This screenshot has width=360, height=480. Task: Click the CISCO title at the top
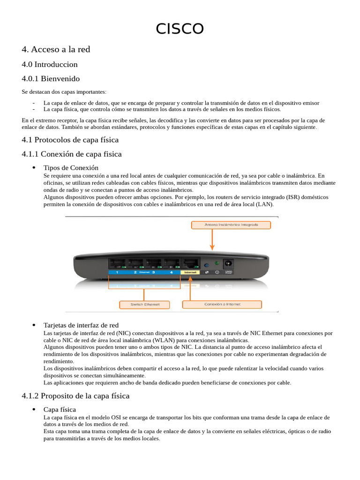click(x=180, y=29)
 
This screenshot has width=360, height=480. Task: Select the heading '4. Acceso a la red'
click(x=56, y=49)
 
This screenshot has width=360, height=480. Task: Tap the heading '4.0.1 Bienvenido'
click(x=51, y=78)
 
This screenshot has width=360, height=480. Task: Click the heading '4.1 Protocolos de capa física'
click(x=70, y=140)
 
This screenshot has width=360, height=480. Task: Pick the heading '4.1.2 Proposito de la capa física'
click(x=75, y=396)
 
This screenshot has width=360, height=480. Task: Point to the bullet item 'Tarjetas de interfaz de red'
click(x=81, y=325)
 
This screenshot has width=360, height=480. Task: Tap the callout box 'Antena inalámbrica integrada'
click(x=231, y=225)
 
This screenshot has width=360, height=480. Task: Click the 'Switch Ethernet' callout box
click(x=145, y=304)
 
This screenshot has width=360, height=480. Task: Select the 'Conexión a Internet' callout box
click(x=222, y=304)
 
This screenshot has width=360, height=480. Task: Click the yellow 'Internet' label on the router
click(x=190, y=272)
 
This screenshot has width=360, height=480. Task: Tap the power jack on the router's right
click(x=229, y=263)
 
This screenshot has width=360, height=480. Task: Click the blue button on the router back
click(x=206, y=264)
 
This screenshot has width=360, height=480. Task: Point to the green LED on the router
click(x=216, y=263)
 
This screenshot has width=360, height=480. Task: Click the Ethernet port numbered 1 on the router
click(x=117, y=263)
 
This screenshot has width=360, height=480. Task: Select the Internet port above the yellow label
click(x=190, y=263)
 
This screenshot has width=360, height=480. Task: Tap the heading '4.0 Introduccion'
click(x=49, y=64)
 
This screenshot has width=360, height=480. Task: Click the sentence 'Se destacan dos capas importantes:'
click(x=64, y=91)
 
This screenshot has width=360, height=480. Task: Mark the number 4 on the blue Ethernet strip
click(x=171, y=272)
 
